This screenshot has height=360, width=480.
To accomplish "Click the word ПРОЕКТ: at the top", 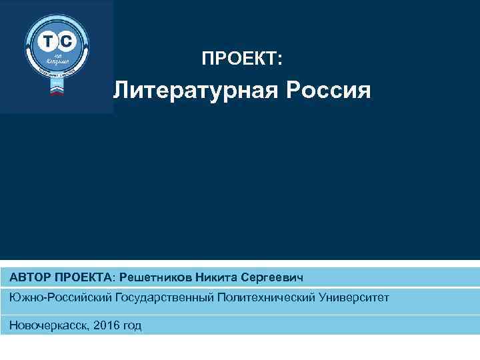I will point(243,59).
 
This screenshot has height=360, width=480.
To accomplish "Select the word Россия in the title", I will point(329,90).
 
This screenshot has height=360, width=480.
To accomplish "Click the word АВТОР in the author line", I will point(29,277).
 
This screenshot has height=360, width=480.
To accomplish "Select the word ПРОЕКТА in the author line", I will point(85,277).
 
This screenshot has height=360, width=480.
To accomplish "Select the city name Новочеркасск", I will point(48,325).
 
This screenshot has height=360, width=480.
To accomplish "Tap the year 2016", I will point(107,325).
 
